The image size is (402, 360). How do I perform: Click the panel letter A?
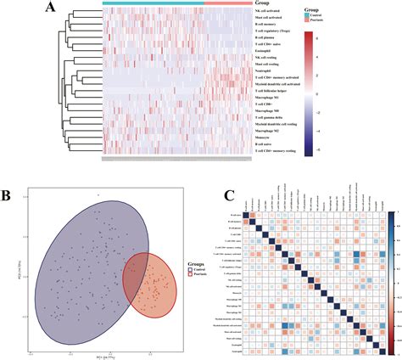pyautogui.click(x=52, y=9)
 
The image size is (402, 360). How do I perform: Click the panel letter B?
pyautogui.click(x=7, y=197)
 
